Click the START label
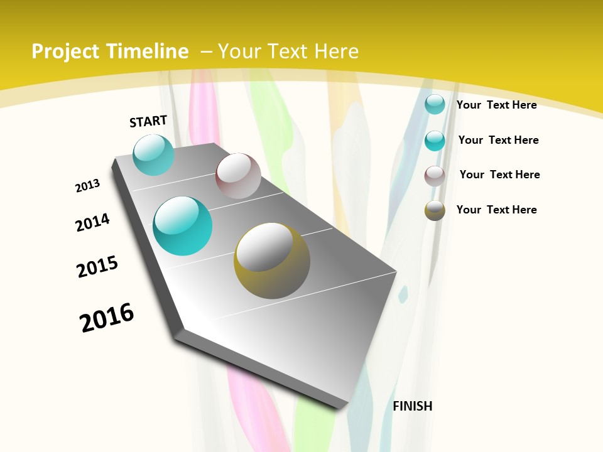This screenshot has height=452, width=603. [x=148, y=121]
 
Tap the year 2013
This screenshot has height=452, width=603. [x=87, y=186]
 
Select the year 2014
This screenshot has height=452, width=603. [x=92, y=222]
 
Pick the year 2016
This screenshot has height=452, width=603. [x=107, y=317]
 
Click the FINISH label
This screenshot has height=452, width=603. [x=413, y=406]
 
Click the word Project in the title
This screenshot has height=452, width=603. [x=66, y=51]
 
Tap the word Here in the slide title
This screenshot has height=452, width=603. [x=336, y=51]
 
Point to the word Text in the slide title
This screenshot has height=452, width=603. [x=288, y=51]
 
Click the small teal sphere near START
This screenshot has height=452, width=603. [x=153, y=154]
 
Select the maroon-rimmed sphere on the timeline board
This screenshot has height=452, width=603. [x=238, y=176]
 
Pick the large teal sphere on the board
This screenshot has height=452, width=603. [x=182, y=226]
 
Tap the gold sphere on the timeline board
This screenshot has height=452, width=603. [x=272, y=261]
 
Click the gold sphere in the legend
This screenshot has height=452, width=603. [x=435, y=210]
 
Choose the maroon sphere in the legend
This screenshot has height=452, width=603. [x=435, y=176]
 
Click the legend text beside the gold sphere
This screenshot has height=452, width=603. [x=497, y=210]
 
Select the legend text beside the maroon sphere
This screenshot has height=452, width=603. [x=499, y=175]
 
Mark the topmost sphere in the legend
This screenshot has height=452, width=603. [x=435, y=104]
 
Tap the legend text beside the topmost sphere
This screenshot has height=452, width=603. [x=497, y=105]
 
